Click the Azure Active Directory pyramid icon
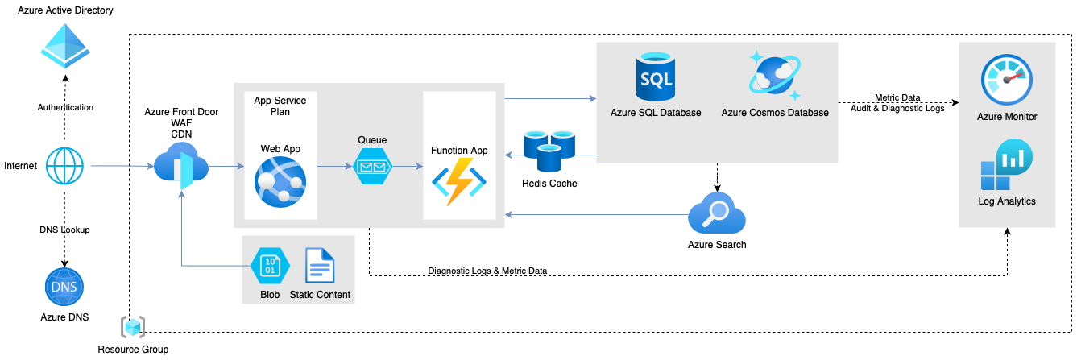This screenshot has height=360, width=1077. (66, 45)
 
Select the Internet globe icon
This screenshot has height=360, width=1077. (65, 166)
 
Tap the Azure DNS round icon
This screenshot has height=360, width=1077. (64, 288)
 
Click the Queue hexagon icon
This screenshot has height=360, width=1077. (372, 168)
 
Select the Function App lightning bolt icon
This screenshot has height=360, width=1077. (459, 181)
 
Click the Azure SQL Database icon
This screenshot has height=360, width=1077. (655, 76)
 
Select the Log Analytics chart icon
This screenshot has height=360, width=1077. (1006, 166)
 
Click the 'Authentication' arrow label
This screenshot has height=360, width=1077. (65, 107)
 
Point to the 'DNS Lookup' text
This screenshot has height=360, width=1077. (64, 230)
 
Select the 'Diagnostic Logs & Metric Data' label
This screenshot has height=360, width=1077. (487, 271)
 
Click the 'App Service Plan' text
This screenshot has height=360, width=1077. (272, 106)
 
